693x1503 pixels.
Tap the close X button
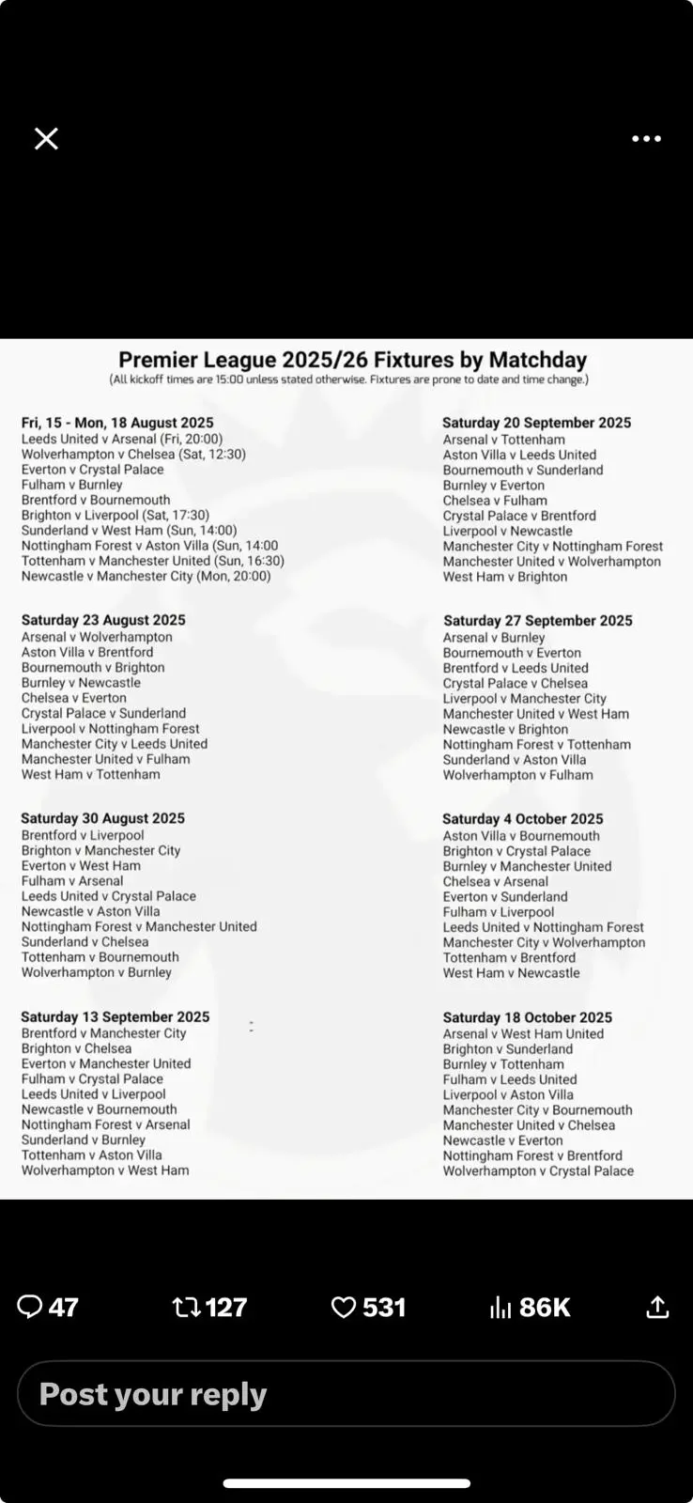(46, 139)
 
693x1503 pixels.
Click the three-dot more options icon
(646, 139)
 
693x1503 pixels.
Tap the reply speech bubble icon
(30, 1307)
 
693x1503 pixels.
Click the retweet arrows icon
(187, 1307)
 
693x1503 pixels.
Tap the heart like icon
(345, 1307)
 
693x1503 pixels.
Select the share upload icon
(658, 1307)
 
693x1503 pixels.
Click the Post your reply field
(346, 1394)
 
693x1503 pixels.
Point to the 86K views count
(545, 1307)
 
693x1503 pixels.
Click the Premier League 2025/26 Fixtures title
(352, 360)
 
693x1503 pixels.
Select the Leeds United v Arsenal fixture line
(122, 439)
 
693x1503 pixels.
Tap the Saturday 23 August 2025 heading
(103, 620)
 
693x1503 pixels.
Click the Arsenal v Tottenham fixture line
(504, 440)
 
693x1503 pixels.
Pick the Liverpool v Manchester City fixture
(525, 699)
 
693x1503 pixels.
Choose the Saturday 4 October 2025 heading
(523, 819)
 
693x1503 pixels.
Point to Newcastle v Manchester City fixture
(146, 576)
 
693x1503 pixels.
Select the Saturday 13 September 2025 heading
(115, 1016)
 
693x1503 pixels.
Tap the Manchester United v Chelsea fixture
(530, 1125)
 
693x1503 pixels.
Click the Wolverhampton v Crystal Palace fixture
(538, 1170)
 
